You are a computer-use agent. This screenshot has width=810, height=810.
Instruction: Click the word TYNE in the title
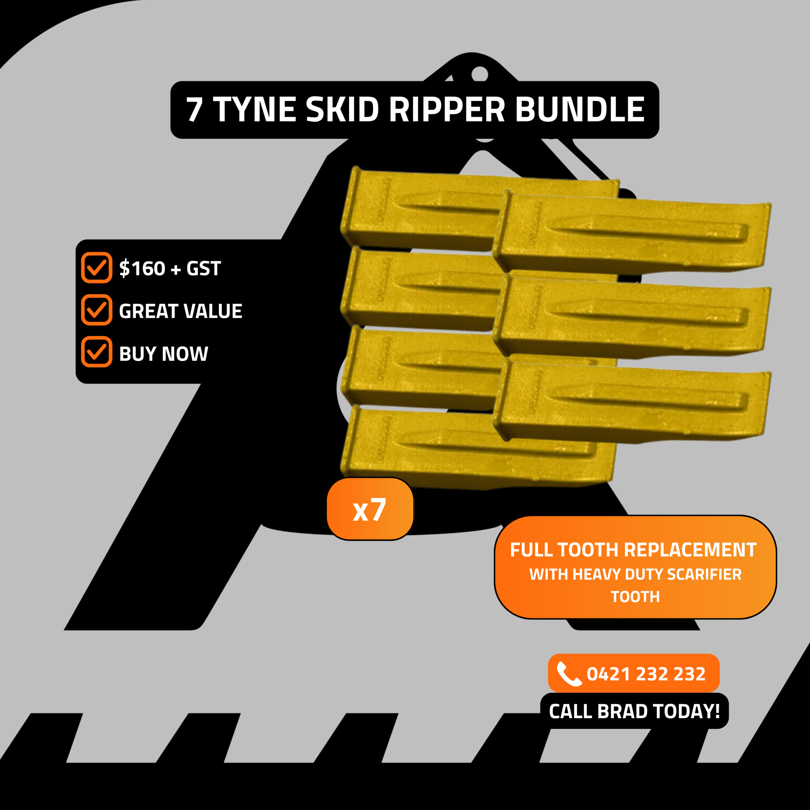(254, 110)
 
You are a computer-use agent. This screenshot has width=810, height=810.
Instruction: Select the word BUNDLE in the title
(580, 110)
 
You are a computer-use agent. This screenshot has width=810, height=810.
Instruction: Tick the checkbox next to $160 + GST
(97, 267)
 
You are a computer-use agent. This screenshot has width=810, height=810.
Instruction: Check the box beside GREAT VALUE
(97, 310)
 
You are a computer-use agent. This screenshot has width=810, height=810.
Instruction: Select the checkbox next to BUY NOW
(97, 352)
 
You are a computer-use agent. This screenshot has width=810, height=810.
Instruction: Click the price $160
(142, 268)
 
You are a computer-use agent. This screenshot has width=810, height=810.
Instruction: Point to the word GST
(203, 268)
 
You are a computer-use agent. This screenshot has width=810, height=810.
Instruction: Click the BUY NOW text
(164, 353)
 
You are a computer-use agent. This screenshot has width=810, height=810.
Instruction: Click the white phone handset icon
(569, 674)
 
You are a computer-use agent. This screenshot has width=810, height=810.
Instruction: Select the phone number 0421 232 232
(646, 674)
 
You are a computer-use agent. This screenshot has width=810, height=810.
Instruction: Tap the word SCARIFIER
(704, 574)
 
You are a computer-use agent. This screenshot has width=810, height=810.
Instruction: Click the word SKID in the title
(343, 110)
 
